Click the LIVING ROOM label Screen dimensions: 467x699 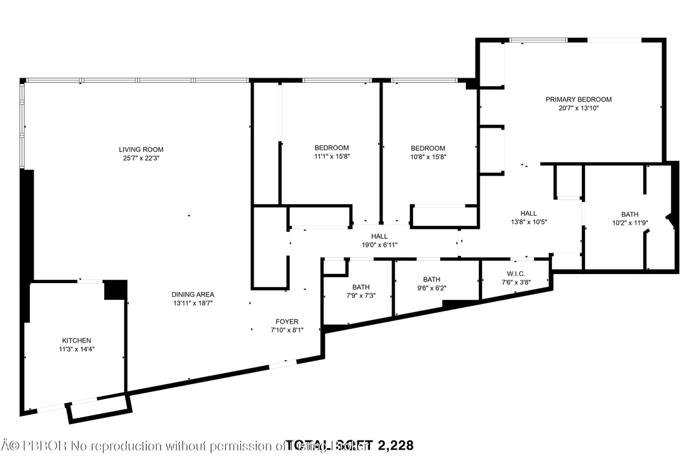[140, 149]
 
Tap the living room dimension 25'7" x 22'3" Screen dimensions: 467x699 [140, 158]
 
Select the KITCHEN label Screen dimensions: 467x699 [76, 341]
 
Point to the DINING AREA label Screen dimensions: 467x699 [193, 294]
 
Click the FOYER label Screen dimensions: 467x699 [287, 321]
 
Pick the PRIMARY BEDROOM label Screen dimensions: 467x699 [578, 100]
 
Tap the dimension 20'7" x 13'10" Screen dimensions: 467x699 [578, 109]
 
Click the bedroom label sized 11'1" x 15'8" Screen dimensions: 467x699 [331, 148]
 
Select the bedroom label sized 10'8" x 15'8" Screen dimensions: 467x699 [428, 148]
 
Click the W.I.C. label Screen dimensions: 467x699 [516, 273]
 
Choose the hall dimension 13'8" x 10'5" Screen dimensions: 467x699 [529, 222]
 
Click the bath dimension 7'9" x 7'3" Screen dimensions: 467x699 [361, 296]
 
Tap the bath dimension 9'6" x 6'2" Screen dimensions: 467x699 [432, 288]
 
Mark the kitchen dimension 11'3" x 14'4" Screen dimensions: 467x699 [76, 349]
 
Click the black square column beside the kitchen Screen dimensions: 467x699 [115, 290]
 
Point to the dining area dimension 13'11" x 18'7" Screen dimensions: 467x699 [193, 302]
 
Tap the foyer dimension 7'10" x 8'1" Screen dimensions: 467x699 [287, 330]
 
